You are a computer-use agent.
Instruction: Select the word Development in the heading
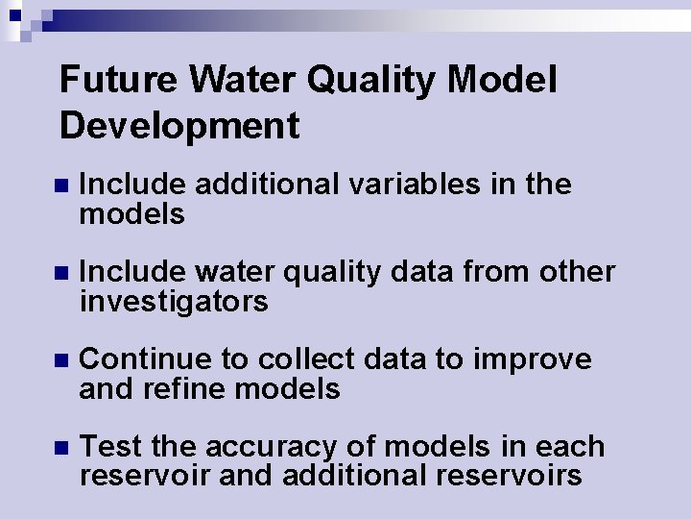[x=179, y=126]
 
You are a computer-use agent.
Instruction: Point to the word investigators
[x=174, y=303]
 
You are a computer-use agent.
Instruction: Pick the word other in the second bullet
[x=575, y=272]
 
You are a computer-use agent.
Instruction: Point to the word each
[x=572, y=447]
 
